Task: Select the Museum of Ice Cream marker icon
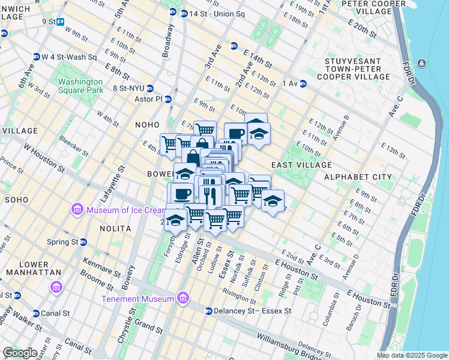tap(77, 209)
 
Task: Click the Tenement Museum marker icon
tap(183, 298)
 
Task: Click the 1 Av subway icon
tap(303, 83)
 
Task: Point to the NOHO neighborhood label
tap(148, 125)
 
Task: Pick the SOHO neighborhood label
tap(16, 199)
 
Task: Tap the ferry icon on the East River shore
tap(422, 64)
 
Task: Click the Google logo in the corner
tap(20, 353)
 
